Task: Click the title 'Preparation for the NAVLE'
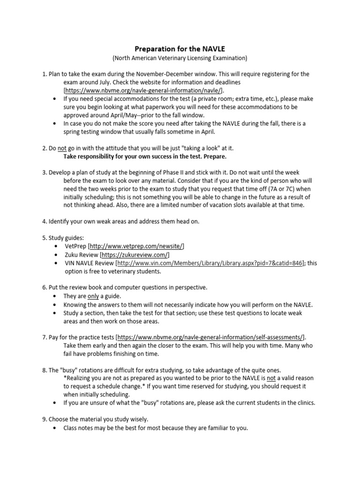tap(180, 48)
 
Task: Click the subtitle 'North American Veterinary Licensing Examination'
tap(180, 58)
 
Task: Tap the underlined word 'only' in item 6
tap(93, 296)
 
